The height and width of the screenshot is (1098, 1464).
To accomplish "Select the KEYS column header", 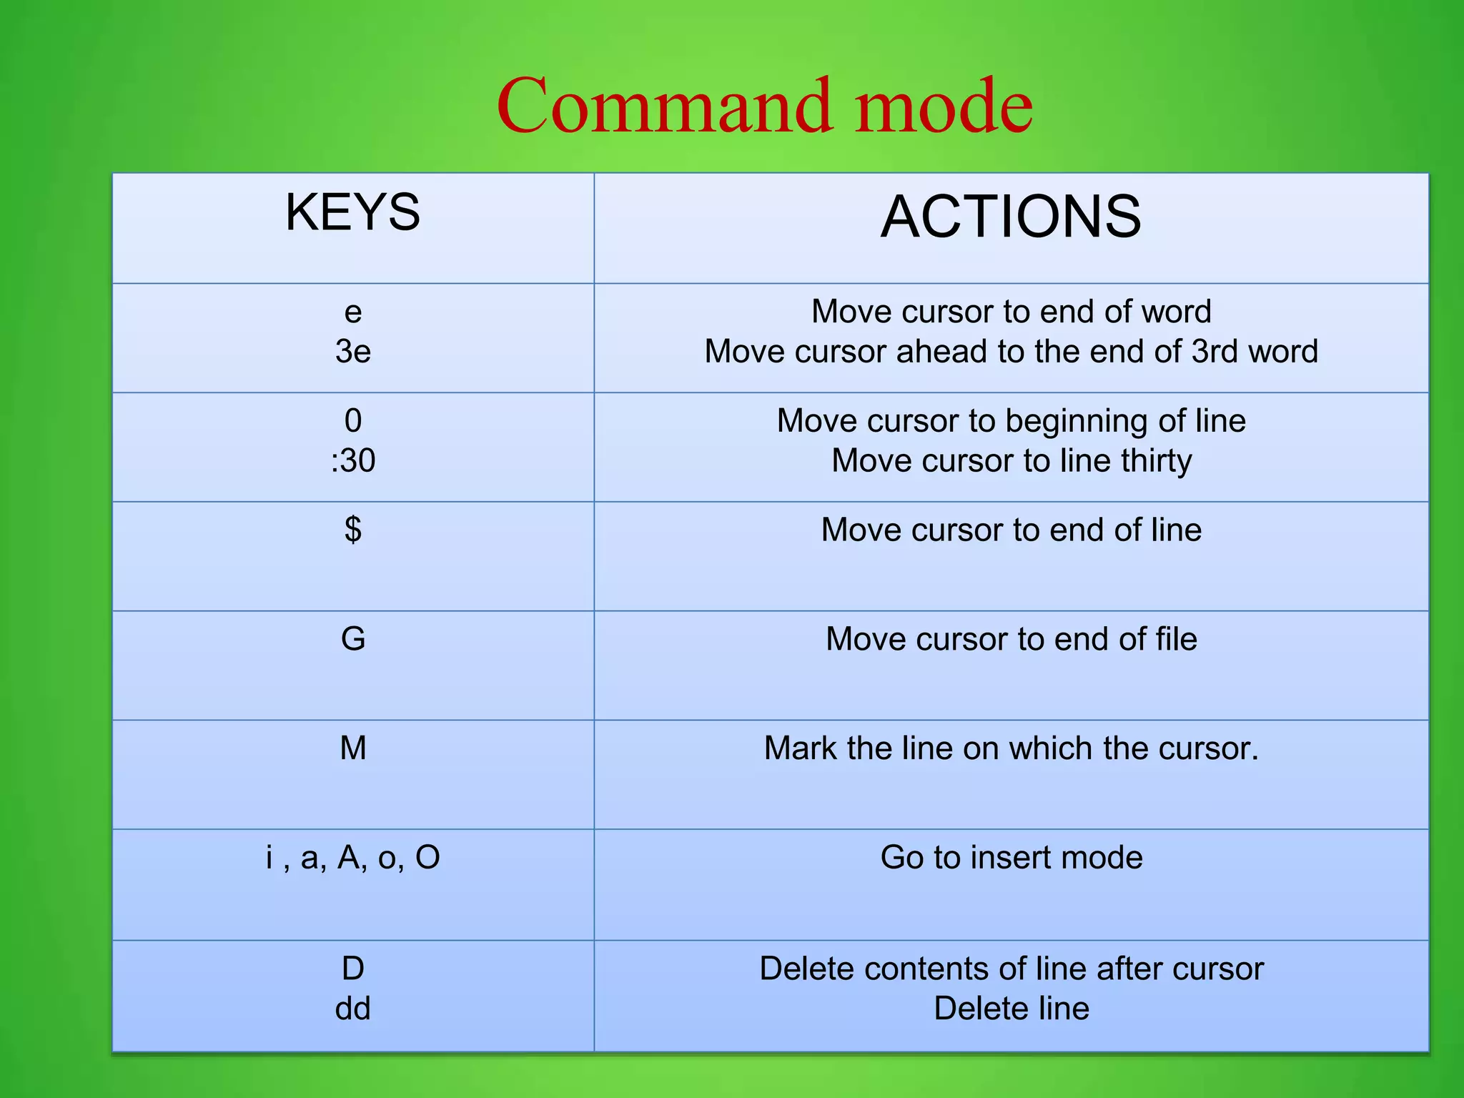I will pos(352,212).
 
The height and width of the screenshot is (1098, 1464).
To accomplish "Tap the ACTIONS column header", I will pos(1011,217).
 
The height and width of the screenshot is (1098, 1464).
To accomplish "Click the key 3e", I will pos(352,352).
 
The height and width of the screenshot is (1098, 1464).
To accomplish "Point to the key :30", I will pos(352,460).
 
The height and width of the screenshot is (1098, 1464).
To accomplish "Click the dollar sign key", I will pos(352,530).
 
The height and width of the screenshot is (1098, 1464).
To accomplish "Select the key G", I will pos(353,639).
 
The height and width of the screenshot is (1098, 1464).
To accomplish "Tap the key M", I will pos(353,748).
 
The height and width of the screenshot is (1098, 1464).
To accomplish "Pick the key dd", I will pos(352,1009).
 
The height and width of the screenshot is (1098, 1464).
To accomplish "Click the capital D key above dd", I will pos(353,969).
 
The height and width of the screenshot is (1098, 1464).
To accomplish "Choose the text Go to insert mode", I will pos(1011,858).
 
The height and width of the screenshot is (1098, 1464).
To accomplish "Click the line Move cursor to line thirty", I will pos(1011,460).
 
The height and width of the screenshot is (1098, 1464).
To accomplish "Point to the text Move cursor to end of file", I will pos(1011,639).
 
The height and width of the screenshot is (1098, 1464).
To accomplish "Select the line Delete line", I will pos(1011,1009).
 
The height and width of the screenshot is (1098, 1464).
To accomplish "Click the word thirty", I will pos(1156,461).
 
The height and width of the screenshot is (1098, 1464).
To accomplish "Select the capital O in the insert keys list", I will pos(427,858).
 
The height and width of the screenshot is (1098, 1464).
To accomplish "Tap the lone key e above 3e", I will pos(353,312).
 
